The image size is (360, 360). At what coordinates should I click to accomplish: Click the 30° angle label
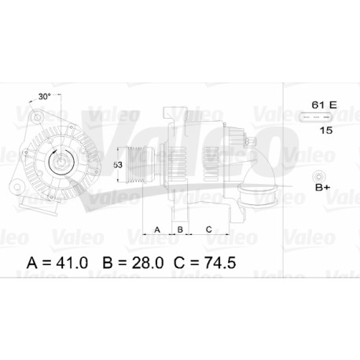(44, 97)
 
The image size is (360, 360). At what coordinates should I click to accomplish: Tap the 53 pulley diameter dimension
(118, 165)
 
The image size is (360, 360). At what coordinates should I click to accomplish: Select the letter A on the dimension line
(157, 230)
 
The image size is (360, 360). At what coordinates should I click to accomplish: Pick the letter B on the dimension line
(180, 230)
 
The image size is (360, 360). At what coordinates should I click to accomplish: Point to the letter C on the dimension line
(208, 230)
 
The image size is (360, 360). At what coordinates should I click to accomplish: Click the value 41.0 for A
(72, 263)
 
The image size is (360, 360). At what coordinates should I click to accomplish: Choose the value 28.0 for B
(147, 263)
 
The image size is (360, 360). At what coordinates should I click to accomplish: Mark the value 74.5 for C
(219, 263)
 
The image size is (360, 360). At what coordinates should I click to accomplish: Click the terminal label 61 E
(324, 105)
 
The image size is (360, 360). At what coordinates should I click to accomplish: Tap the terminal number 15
(326, 130)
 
